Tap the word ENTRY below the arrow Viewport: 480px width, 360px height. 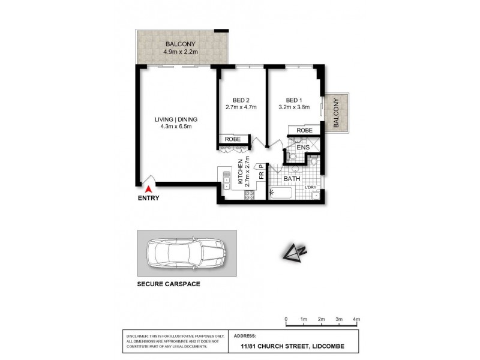tap(148, 199)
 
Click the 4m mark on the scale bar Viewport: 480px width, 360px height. tap(356, 319)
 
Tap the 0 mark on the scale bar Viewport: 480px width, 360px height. tap(286, 319)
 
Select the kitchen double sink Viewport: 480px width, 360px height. tap(226, 181)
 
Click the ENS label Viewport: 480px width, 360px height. tap(303, 146)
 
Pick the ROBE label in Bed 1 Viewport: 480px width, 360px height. tap(304, 130)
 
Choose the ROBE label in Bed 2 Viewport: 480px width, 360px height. tap(233, 139)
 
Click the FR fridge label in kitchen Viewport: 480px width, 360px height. tap(261, 176)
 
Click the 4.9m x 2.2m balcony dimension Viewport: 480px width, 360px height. tap(181, 52)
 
